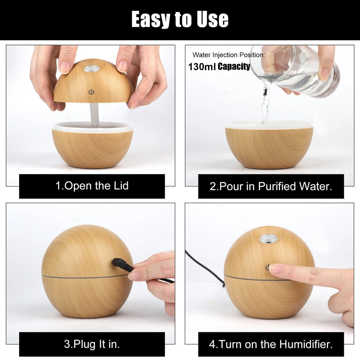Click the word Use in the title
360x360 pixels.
(x=213, y=19)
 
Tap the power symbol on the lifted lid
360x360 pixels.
(x=91, y=92)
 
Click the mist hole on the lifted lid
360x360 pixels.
(x=91, y=68)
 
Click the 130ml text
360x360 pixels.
(x=201, y=67)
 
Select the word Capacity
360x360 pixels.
(x=234, y=66)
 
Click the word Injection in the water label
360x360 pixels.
(x=225, y=55)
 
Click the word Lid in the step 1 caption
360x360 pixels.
(x=121, y=186)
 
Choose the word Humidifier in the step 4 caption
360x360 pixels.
(x=306, y=345)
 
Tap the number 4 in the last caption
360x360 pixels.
(x=212, y=345)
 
